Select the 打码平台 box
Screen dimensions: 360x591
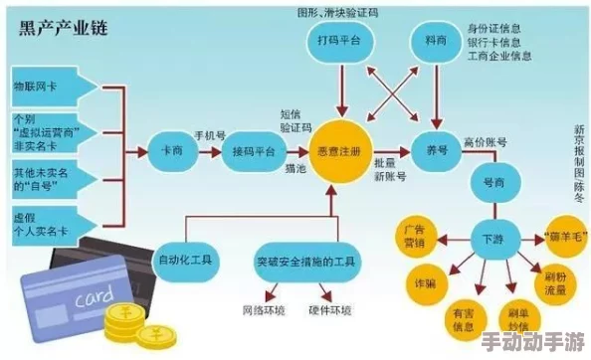(340, 40)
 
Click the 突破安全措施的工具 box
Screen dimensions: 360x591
(305, 261)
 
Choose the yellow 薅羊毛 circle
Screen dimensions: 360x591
(566, 229)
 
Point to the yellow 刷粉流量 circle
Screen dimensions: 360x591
(554, 282)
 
